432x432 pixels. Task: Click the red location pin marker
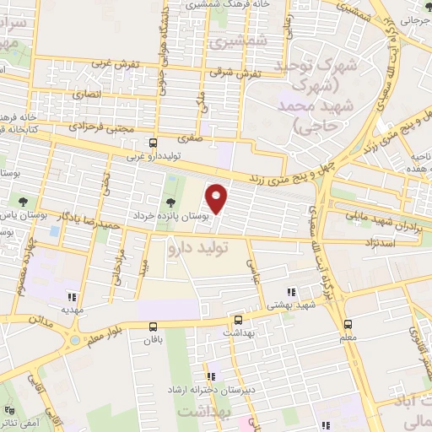(219, 198)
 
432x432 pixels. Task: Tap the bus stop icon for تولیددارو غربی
(152, 143)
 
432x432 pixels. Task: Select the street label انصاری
(87, 94)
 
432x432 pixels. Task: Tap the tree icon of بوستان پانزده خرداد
(171, 202)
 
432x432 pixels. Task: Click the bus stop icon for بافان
(153, 327)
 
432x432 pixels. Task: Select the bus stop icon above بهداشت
(239, 321)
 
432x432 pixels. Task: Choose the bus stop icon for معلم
(348, 324)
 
